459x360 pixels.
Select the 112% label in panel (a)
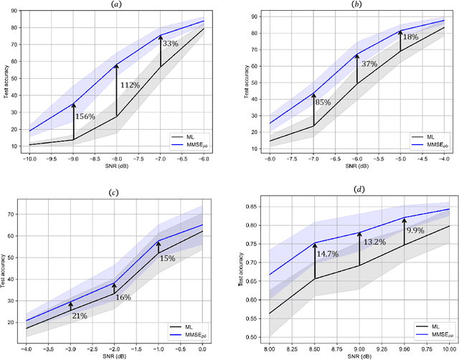coord(131,85)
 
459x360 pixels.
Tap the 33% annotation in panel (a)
coord(170,44)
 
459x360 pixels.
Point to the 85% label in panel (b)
coord(323,103)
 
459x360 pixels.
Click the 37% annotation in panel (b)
coord(368,65)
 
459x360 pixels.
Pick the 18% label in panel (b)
coord(410,37)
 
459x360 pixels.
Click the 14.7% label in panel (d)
coord(328,254)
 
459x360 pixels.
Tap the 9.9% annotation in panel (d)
coord(416,230)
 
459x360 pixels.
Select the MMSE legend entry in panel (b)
coord(425,144)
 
